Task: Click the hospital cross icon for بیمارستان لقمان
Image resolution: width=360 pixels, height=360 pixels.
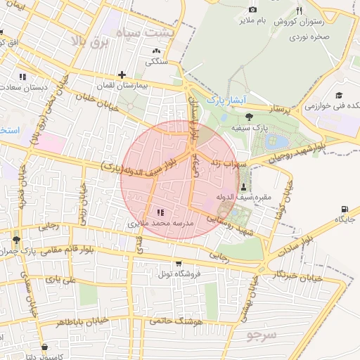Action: tap(122, 75)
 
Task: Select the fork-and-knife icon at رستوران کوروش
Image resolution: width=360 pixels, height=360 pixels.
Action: tap(300, 10)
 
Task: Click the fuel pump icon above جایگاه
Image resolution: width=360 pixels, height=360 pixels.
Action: tap(344, 209)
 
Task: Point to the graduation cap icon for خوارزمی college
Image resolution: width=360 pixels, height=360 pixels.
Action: tap(339, 96)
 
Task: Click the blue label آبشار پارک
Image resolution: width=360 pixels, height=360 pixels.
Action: tap(226, 101)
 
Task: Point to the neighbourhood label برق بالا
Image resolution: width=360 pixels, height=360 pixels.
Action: tap(87, 42)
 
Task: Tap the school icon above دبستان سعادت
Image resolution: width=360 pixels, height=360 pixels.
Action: tap(23, 76)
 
